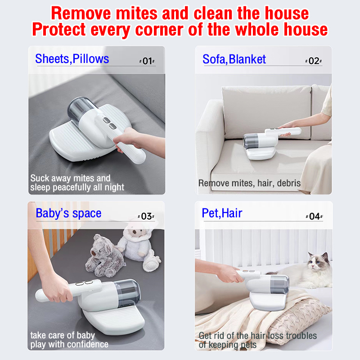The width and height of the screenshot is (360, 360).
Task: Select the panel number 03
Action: click(146, 216)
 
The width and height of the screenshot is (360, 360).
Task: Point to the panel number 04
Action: click(314, 216)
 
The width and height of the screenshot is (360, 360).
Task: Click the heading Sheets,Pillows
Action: click(72, 59)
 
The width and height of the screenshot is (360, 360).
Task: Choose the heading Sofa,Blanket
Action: click(234, 59)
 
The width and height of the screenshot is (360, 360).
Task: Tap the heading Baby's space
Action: click(68, 213)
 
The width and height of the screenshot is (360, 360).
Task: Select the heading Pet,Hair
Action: click(222, 213)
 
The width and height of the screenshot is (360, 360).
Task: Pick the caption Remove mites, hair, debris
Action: click(249, 183)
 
